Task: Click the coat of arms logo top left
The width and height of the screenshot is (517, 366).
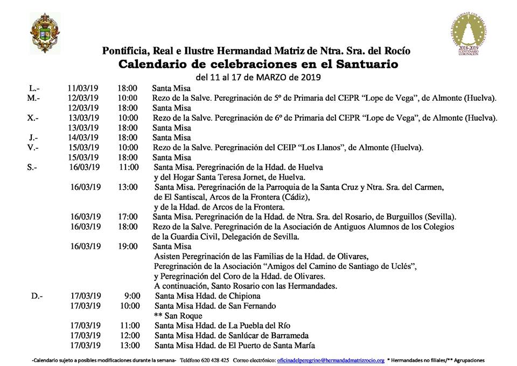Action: click(41, 33)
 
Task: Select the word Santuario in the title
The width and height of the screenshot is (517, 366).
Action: click(365, 65)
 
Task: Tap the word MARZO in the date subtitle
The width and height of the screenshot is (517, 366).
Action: click(280, 77)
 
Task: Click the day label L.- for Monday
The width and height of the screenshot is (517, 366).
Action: click(33, 88)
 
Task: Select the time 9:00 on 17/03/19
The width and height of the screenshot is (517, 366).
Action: click(132, 295)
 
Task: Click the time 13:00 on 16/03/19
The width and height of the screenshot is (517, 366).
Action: click(128, 187)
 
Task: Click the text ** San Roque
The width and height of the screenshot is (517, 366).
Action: click(178, 315)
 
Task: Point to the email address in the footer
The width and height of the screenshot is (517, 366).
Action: click(331, 360)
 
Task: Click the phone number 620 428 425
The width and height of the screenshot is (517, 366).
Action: click(216, 360)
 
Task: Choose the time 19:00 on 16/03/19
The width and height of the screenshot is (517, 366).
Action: click(128, 246)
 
